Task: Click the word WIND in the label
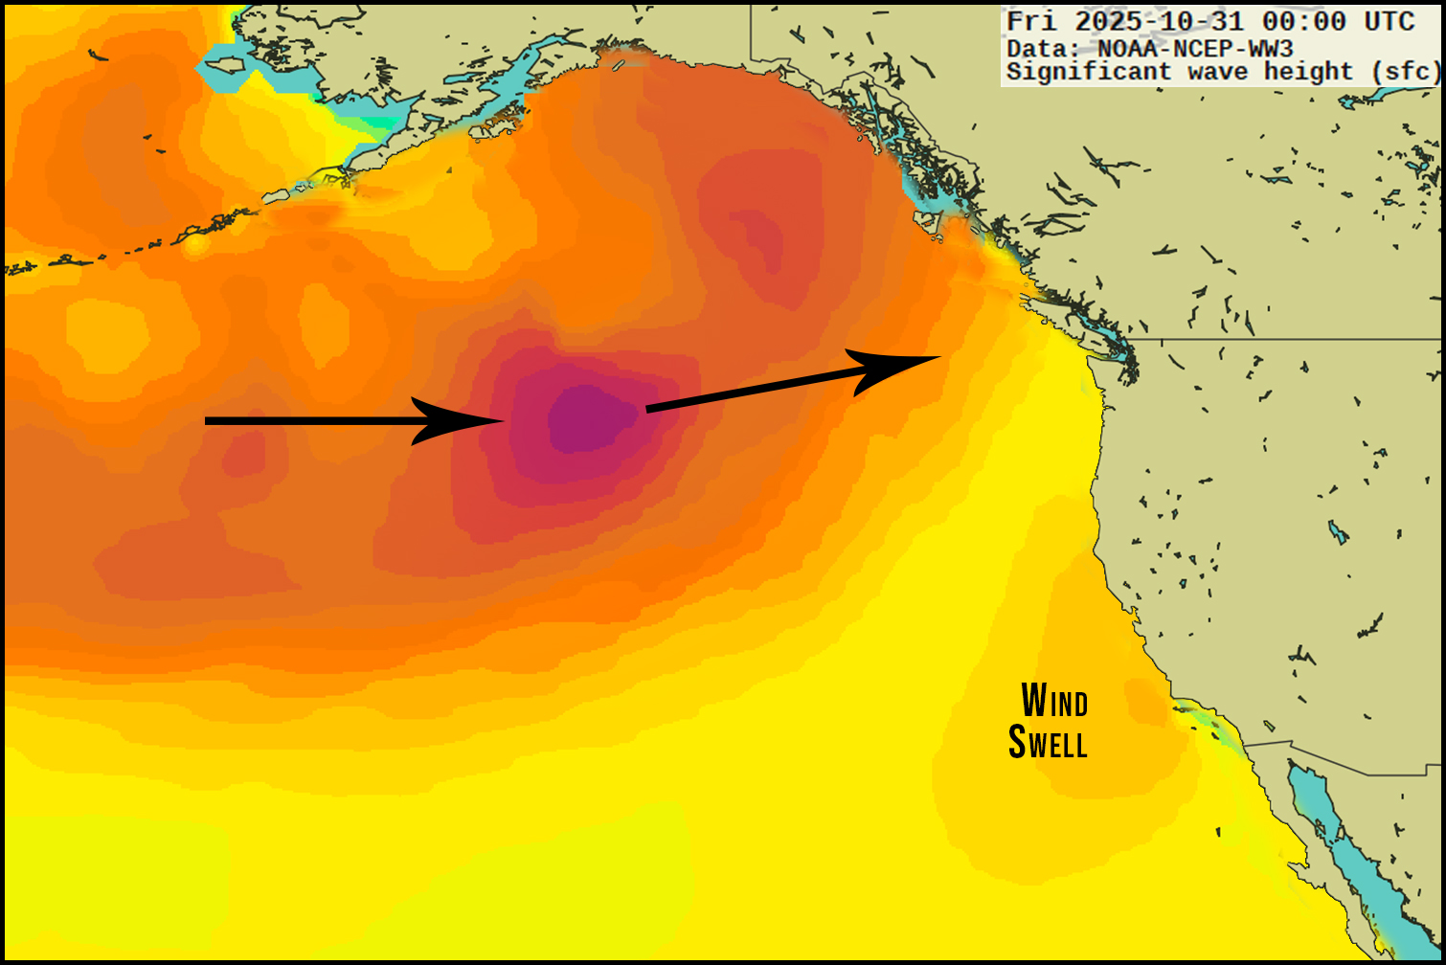pyautogui.click(x=1054, y=701)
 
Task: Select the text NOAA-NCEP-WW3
pyautogui.click(x=1195, y=48)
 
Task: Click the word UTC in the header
pyautogui.click(x=1390, y=21)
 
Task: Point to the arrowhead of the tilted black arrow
pyautogui.click(x=900, y=364)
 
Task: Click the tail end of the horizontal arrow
pyautogui.click(x=209, y=420)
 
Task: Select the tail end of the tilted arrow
pyautogui.click(x=649, y=410)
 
